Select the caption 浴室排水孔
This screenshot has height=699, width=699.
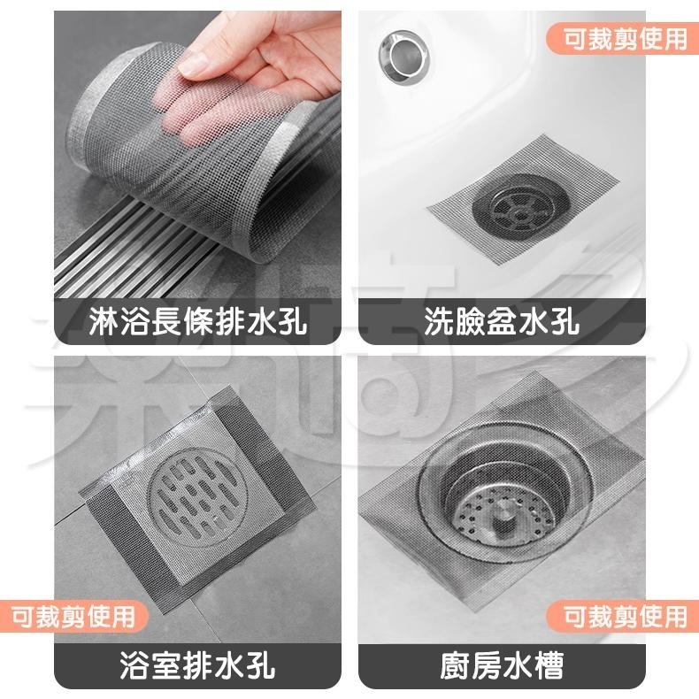click(x=198, y=664)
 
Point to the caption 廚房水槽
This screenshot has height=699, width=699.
click(x=501, y=664)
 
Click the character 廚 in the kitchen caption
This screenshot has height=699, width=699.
click(x=455, y=664)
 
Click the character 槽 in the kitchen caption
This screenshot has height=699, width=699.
click(x=548, y=664)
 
